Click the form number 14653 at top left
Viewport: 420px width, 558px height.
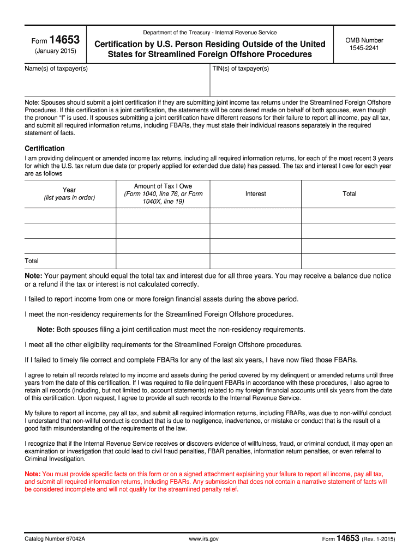(64, 40)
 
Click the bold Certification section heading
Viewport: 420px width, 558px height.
(45, 148)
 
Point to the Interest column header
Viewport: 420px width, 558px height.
(255, 194)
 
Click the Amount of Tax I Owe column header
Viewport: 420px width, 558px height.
(163, 193)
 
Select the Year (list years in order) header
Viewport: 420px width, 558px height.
(69, 193)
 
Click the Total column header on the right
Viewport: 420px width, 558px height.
(349, 193)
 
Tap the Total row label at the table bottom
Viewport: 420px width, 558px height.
(32, 261)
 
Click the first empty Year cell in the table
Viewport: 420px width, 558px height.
(70, 215)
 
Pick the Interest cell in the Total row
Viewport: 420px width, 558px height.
(255, 261)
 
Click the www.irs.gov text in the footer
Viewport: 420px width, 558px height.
(203, 539)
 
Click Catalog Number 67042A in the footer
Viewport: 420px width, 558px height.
(55, 539)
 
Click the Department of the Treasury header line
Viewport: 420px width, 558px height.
(209, 33)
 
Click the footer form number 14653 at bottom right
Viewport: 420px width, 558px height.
(348, 538)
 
